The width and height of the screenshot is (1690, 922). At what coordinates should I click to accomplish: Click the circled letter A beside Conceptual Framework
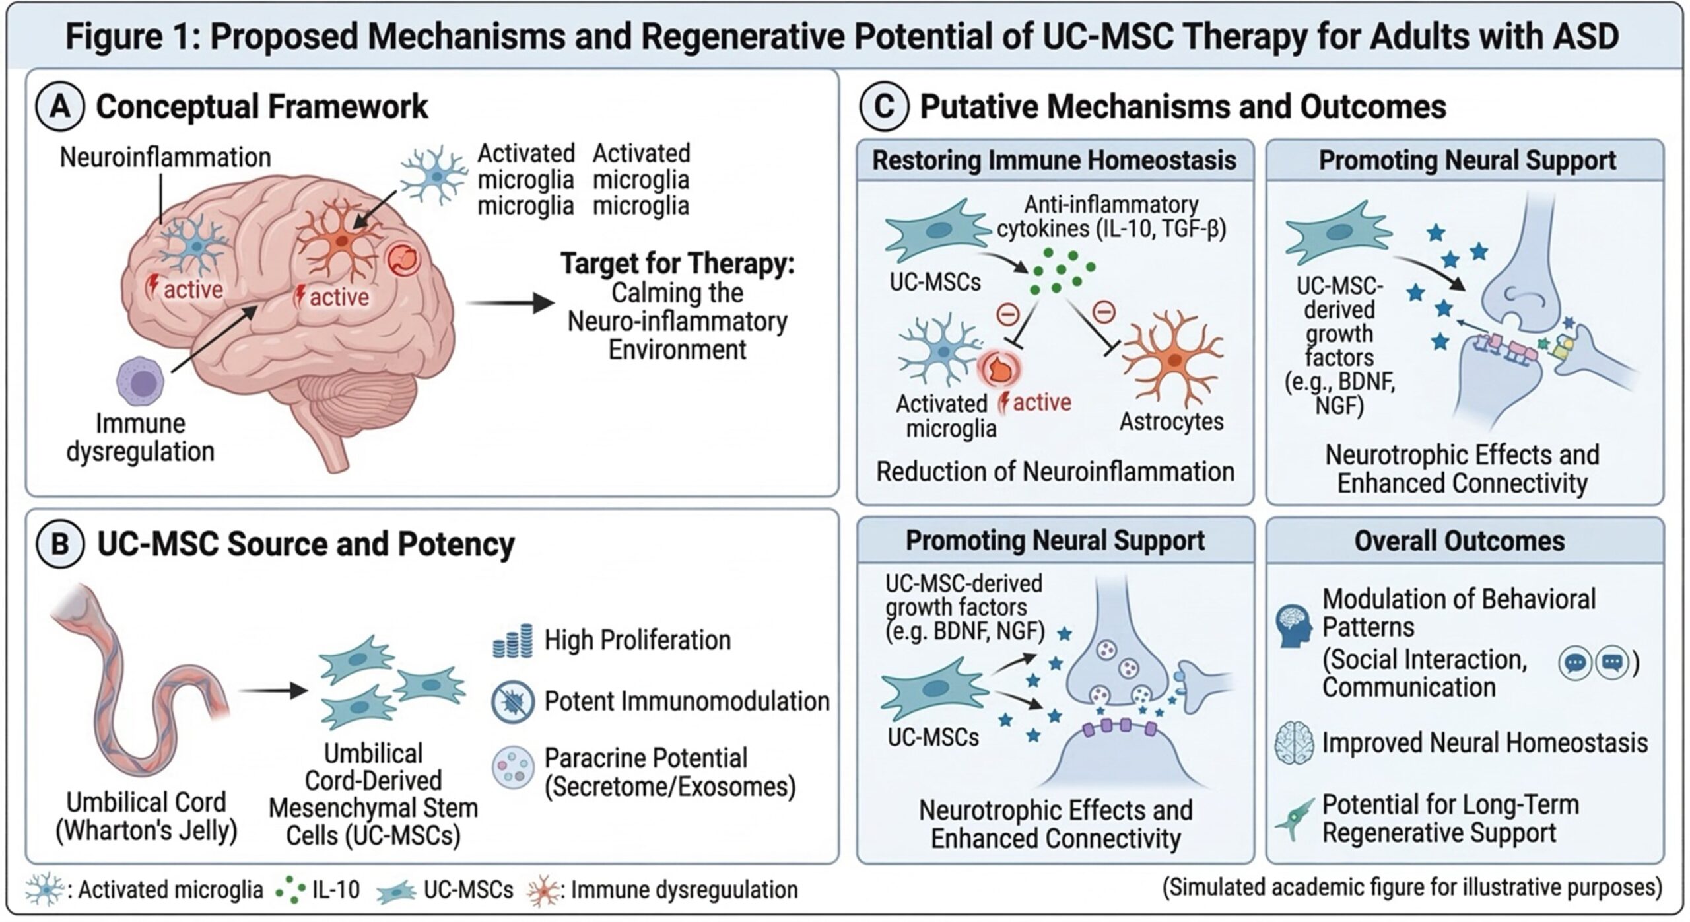[60, 107]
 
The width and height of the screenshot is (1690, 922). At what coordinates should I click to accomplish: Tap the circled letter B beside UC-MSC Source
[60, 545]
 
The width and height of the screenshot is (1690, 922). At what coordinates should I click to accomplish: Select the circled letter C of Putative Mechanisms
[884, 107]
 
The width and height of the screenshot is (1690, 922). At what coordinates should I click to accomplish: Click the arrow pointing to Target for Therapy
[509, 304]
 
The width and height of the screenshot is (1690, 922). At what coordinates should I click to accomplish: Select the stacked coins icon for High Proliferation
[513, 641]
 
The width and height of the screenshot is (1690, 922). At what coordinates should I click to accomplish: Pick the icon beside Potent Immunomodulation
[513, 701]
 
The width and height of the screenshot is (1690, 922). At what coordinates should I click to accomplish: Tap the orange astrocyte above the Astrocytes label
[1174, 360]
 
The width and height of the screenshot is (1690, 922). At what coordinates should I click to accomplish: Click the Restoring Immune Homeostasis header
[1054, 160]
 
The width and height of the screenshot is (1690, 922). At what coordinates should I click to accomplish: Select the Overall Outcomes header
[1459, 541]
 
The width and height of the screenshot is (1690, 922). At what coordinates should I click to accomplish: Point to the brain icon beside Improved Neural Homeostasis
[1294, 743]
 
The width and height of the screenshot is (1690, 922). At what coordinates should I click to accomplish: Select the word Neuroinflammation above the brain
[165, 158]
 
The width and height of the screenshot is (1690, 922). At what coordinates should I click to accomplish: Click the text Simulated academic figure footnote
[1412, 887]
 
